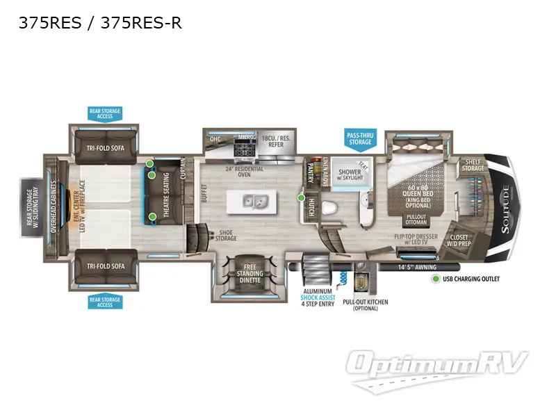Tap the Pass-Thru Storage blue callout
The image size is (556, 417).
pyautogui.click(x=359, y=138)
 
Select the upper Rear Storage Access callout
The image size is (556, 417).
pyautogui.click(x=104, y=113)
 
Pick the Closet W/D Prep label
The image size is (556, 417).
pyautogui.click(x=459, y=240)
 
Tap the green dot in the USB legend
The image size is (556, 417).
pyautogui.click(x=436, y=279)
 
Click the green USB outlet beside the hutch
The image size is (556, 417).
pyautogui.click(x=301, y=197)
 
